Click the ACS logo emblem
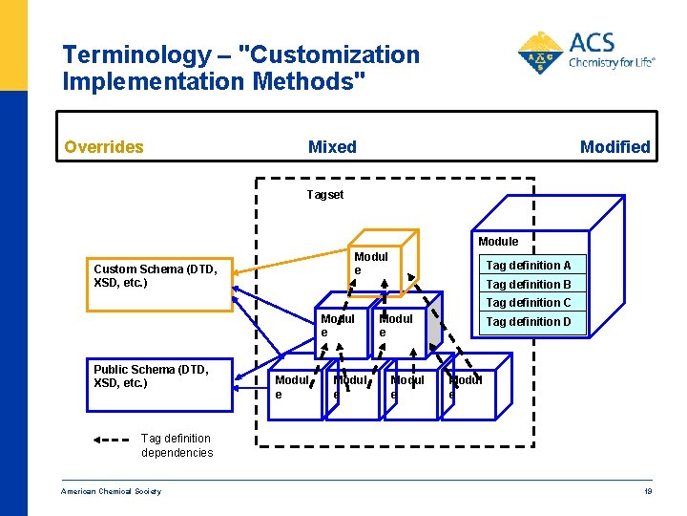pos(540,53)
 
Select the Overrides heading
pos(103,147)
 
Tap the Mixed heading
pos(332,147)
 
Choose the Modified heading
pos(614,147)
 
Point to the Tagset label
pos(324,195)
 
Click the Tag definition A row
pos(529,266)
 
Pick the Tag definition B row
pos(529,285)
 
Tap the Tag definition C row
pos(529,303)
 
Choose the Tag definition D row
pos(529,322)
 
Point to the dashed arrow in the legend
pos(113,441)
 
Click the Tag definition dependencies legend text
pos(177,445)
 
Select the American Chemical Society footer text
pos(112,491)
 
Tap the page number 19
pos(648,491)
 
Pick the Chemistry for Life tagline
pos(612,63)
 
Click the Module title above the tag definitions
pos(498,242)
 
